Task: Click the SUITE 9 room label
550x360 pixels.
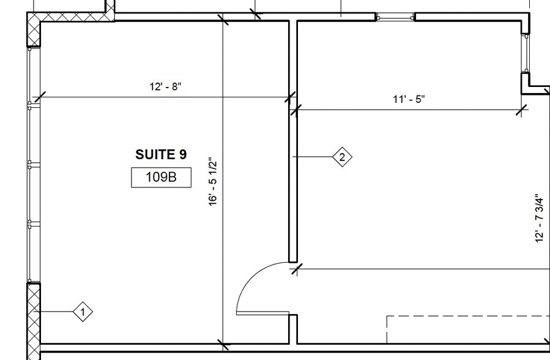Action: tap(161, 155)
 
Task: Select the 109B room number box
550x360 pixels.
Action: tap(161, 178)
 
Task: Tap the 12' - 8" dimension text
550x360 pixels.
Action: tap(165, 86)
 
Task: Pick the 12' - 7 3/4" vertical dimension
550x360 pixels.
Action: tap(539, 219)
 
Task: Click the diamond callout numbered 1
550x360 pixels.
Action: tap(83, 312)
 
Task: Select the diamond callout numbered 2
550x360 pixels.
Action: tap(342, 157)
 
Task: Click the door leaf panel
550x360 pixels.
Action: tap(262, 313)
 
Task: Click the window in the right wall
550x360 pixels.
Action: tap(525, 54)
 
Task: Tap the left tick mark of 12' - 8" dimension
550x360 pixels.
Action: tap(39, 97)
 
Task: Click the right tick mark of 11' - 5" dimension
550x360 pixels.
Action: tap(522, 110)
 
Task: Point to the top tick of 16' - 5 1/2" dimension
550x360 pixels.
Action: tap(223, 21)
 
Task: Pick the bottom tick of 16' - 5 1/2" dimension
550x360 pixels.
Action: tap(223, 346)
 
